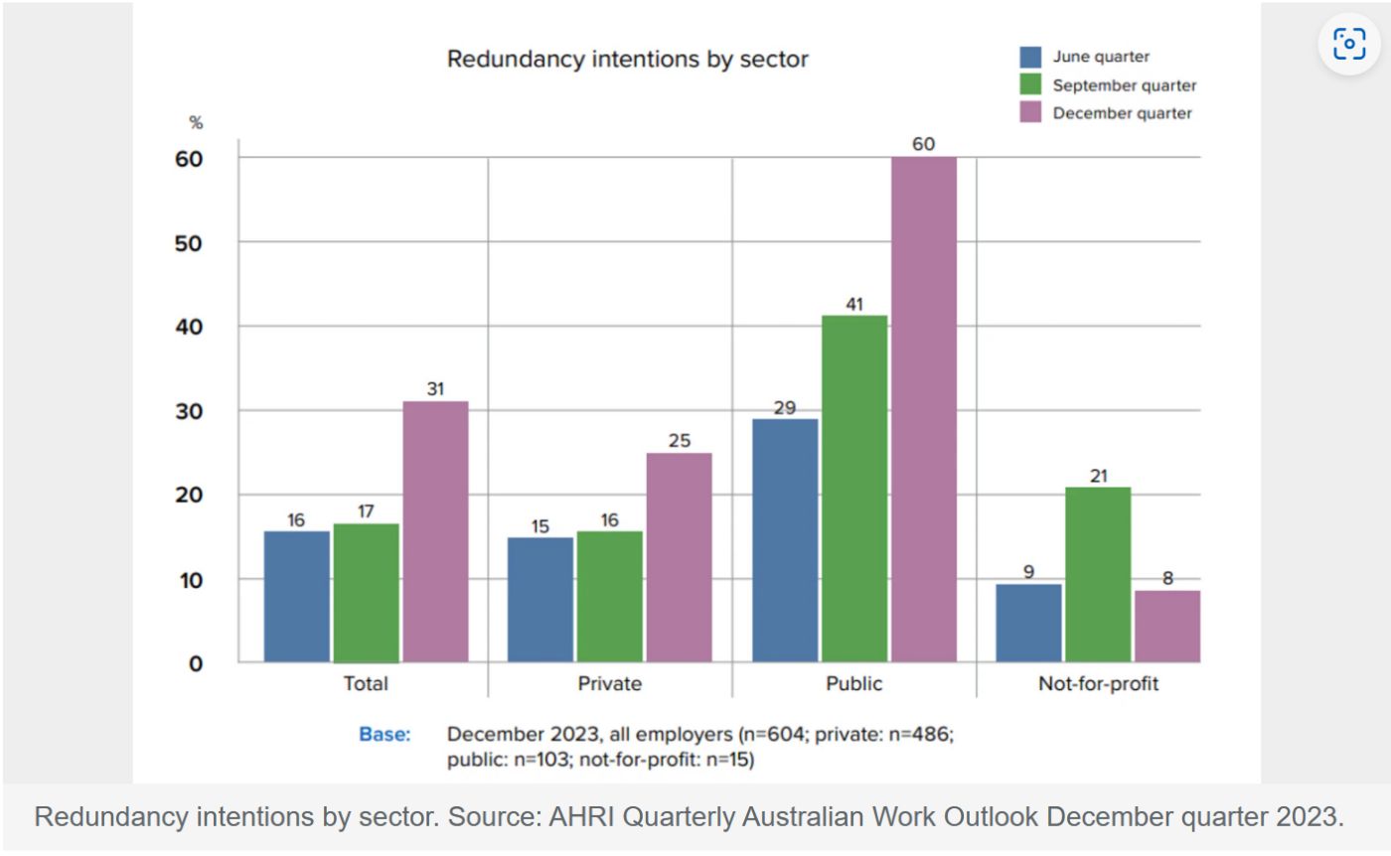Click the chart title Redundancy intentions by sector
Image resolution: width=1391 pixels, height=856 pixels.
627,60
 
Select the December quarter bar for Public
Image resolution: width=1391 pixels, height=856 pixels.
923,409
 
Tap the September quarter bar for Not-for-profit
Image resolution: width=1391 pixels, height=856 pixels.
1098,574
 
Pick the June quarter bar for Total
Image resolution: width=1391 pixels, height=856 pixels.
296,596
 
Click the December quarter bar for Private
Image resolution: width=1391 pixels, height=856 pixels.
679,557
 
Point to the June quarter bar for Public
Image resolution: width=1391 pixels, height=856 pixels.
785,540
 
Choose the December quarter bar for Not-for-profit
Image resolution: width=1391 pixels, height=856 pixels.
1167,626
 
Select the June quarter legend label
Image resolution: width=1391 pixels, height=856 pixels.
1101,58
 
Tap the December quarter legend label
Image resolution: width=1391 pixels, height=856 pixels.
1122,113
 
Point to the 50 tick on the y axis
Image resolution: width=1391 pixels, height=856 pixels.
188,243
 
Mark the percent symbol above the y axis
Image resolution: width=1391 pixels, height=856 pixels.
196,123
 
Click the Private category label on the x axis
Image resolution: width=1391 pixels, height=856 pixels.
609,684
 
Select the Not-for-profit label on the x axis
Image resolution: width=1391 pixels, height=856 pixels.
1098,684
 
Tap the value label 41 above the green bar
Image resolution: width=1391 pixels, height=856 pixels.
854,304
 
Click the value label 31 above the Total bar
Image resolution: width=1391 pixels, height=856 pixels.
435,389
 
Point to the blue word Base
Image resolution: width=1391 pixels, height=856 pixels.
385,736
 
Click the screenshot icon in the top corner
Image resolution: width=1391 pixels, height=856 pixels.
1348,44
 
